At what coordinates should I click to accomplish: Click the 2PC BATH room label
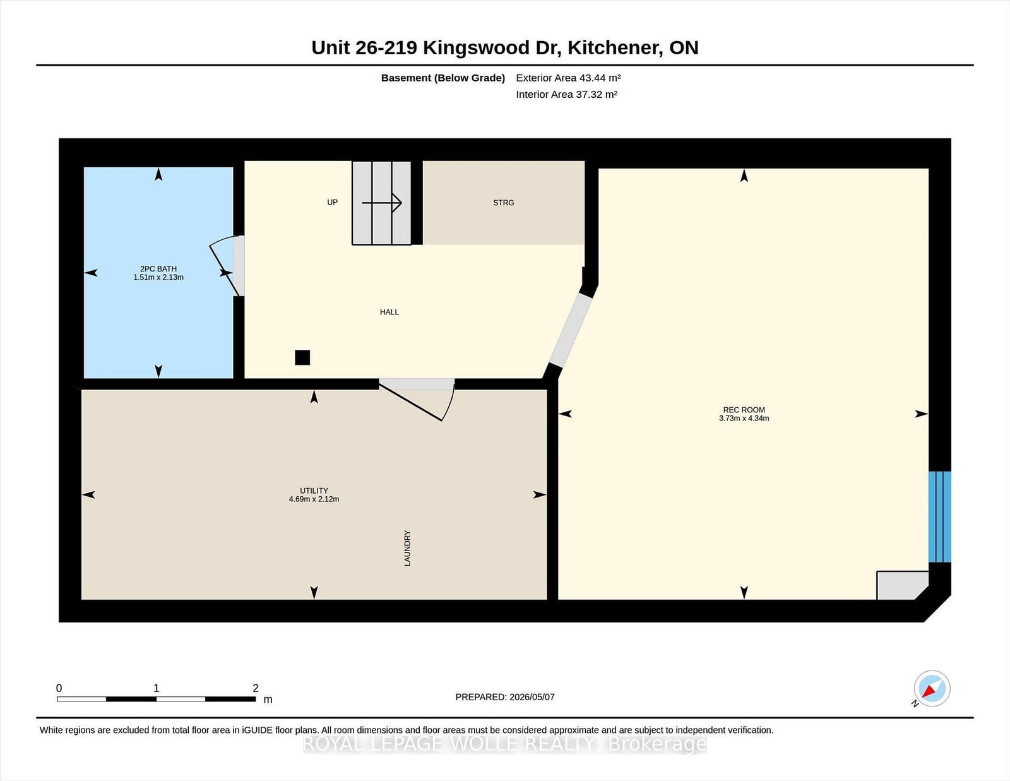tap(158, 269)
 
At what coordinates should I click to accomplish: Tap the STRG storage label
tap(503, 203)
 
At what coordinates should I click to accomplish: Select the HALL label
tap(389, 312)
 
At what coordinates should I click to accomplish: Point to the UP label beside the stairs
tap(332, 202)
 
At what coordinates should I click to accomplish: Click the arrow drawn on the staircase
tap(382, 203)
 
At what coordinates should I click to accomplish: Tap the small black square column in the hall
tap(302, 357)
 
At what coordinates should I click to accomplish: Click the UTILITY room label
tap(314, 491)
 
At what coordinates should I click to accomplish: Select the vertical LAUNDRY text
tap(407, 548)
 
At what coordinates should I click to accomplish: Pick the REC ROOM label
tap(744, 410)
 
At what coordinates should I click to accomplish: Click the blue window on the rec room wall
tap(939, 517)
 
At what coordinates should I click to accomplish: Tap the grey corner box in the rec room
tap(901, 585)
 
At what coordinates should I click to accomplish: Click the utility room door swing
tap(417, 400)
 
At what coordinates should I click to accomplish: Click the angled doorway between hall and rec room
tap(571, 330)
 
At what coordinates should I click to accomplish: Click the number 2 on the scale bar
tap(255, 688)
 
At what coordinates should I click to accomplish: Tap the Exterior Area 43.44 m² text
tap(568, 78)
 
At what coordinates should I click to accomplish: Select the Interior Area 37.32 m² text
tap(567, 94)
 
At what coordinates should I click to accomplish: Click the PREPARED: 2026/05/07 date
tap(505, 697)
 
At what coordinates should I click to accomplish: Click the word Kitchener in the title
tap(615, 47)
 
